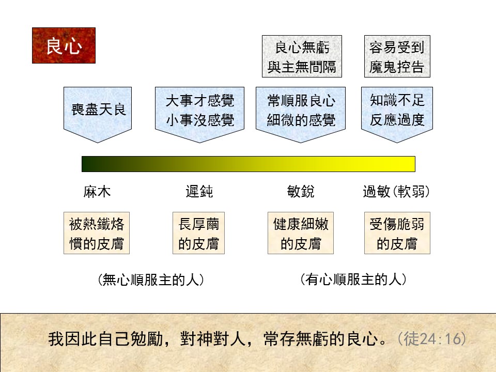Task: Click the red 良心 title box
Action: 64,45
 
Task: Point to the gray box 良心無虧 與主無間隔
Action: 302,56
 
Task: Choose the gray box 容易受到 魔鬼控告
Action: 397,56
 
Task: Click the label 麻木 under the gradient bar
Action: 97,192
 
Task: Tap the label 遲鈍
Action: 199,192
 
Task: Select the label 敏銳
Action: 301,192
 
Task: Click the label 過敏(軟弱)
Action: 396,192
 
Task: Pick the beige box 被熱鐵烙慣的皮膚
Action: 97,233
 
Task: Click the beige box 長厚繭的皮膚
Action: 198,233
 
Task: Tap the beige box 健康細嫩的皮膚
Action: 301,233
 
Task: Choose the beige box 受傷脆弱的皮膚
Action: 397,233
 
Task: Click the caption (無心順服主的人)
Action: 151,280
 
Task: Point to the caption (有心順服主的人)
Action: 353,280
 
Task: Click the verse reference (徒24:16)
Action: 431,339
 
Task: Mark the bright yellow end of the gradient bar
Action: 413,164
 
